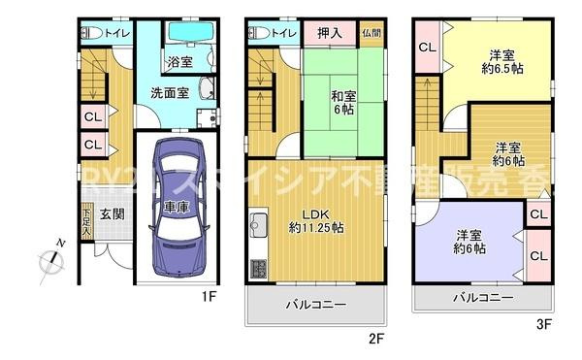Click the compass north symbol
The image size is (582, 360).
pos(50,259)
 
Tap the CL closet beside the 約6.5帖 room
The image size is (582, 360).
pos(427,47)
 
